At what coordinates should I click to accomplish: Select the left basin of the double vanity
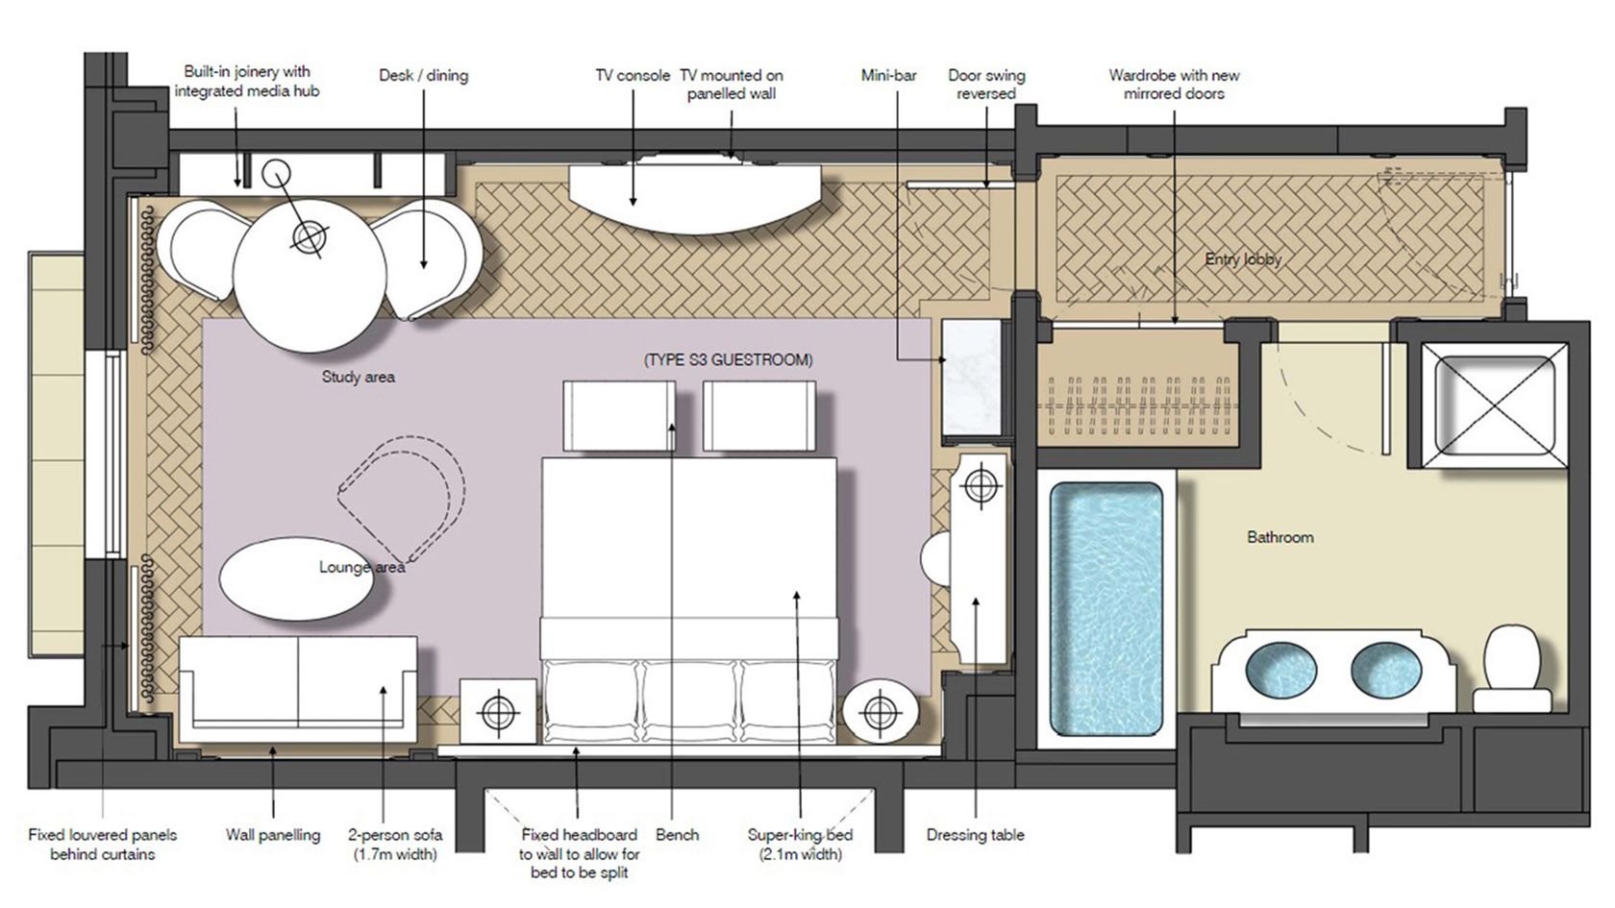[x=1281, y=670]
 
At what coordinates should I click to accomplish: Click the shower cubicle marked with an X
[x=1495, y=405]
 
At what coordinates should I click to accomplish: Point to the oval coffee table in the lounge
[x=296, y=578]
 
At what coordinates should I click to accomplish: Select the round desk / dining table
[x=310, y=276]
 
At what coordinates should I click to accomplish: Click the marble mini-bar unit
[x=972, y=378]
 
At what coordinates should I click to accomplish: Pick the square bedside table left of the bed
[x=498, y=711]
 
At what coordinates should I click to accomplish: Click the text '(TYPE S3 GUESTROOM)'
[x=729, y=359]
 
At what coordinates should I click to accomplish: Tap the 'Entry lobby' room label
[x=1243, y=259]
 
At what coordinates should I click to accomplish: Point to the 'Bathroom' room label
[x=1280, y=537]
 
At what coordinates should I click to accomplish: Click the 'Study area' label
[x=359, y=377]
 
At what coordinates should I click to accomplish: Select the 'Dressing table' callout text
[x=976, y=835]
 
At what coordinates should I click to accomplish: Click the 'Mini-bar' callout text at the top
[x=889, y=75]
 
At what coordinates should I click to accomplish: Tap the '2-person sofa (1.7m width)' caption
[x=395, y=845]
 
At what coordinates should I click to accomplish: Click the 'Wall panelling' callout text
[x=273, y=835]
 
